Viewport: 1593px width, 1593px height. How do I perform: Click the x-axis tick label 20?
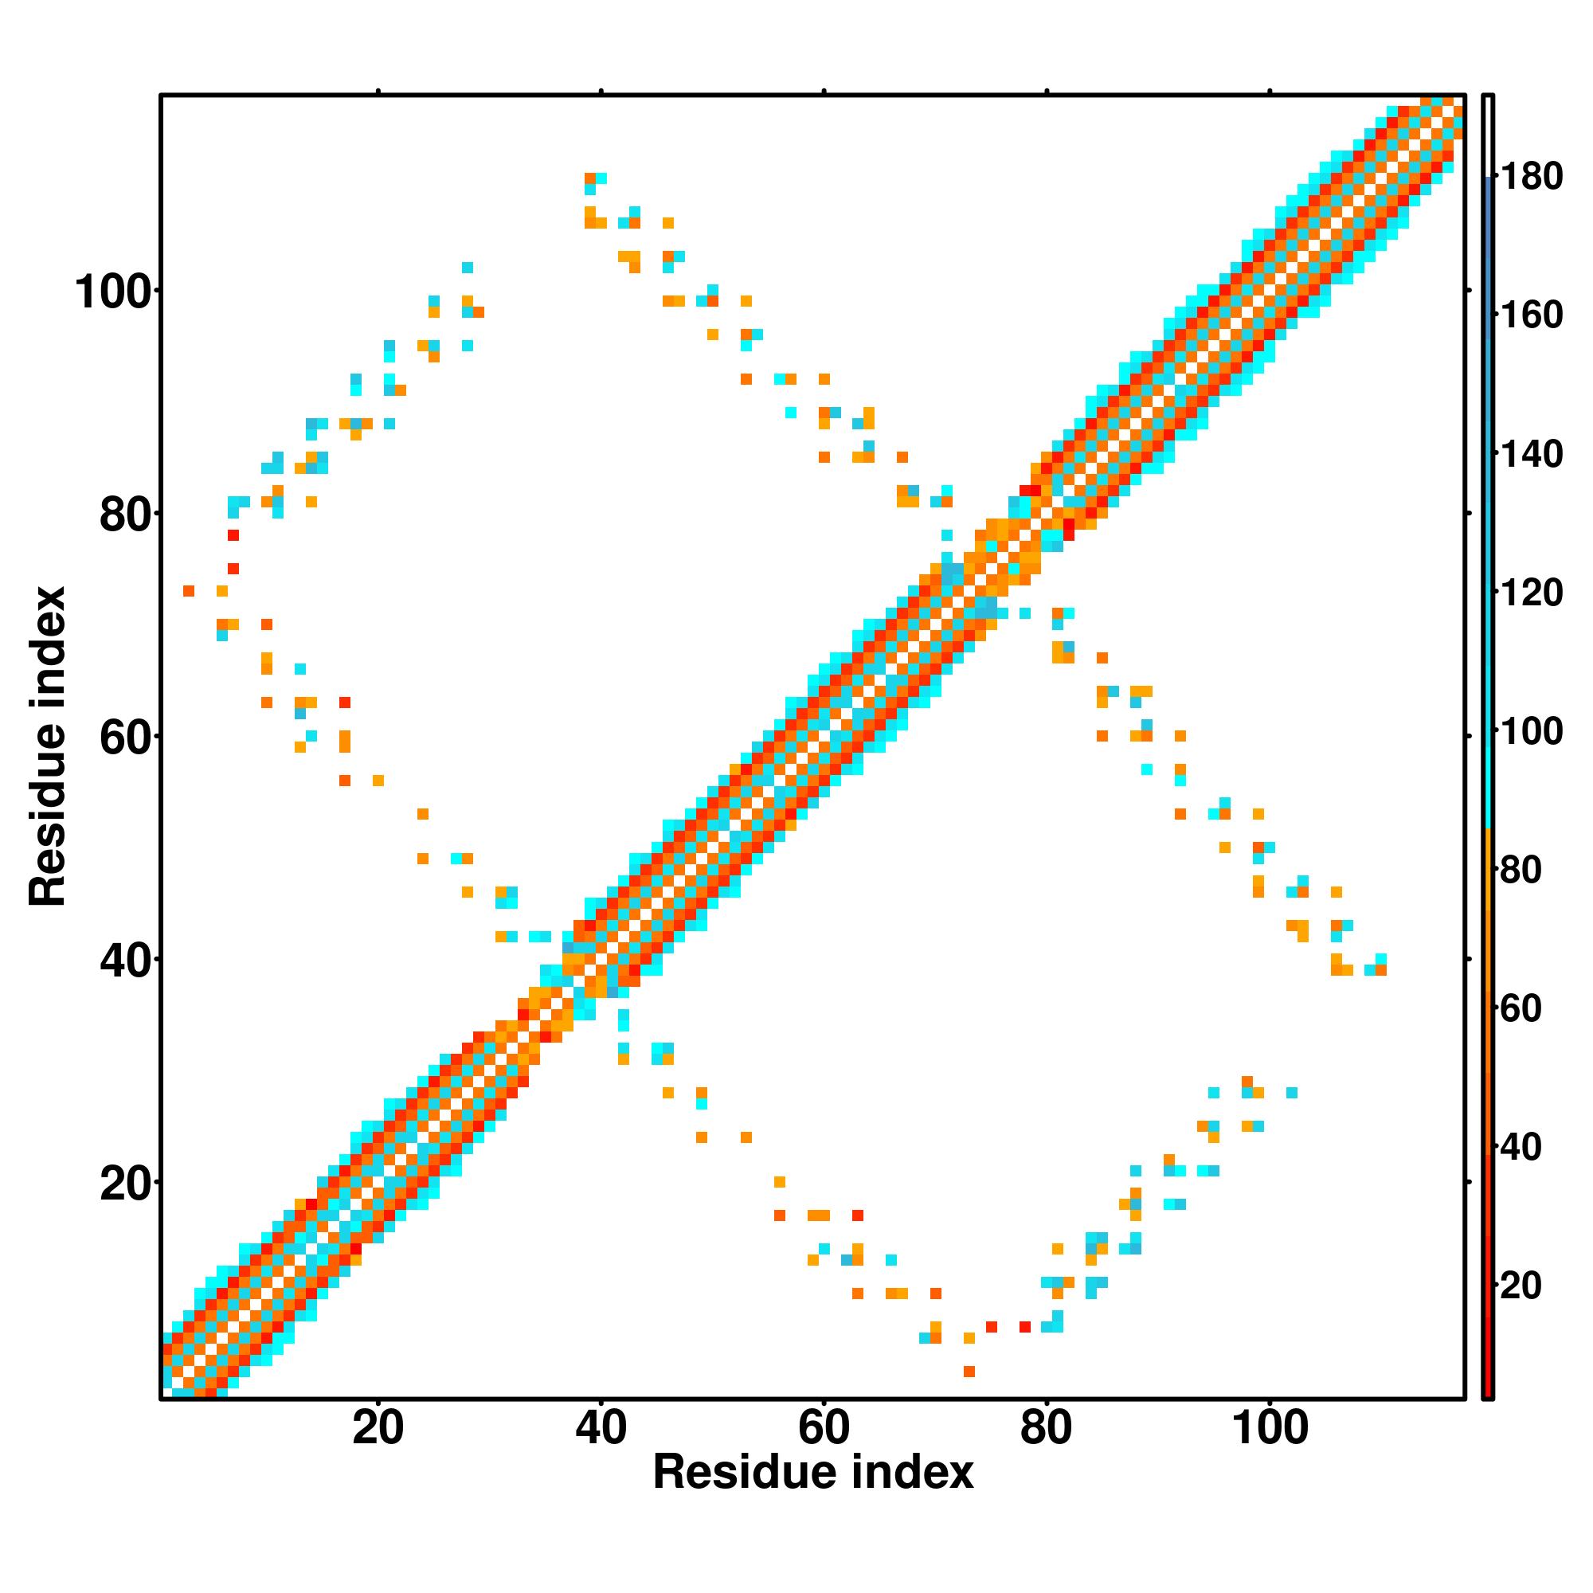[378, 1427]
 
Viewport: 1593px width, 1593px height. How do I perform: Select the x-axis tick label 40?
[601, 1427]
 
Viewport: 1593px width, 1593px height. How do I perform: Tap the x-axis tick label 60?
[824, 1427]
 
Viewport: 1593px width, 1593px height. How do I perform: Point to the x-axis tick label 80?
[1047, 1427]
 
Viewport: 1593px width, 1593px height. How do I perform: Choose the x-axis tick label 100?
[1270, 1427]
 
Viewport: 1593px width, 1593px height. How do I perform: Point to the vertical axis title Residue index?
[48, 746]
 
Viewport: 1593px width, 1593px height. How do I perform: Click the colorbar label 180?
[1531, 177]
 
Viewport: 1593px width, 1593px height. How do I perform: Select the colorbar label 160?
[1531, 315]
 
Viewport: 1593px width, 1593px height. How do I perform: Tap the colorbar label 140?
[1531, 454]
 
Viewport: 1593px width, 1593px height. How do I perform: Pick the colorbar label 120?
[1531, 593]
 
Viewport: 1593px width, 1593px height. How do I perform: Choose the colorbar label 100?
[1531, 731]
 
